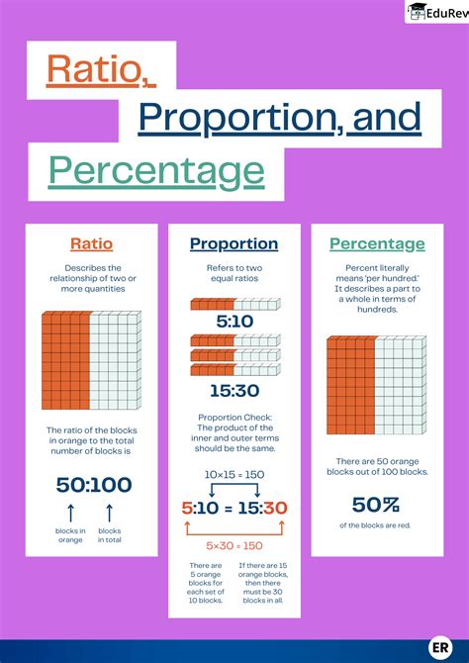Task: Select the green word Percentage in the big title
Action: [x=156, y=169]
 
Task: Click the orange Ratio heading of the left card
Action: [x=91, y=243]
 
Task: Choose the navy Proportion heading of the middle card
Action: [x=234, y=243]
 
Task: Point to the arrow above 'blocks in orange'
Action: [x=71, y=513]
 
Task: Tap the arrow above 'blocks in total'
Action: [x=110, y=513]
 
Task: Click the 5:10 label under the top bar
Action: [x=234, y=322]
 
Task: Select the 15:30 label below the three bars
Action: [x=234, y=391]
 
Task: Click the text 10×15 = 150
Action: [x=234, y=476]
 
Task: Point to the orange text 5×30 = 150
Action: [x=234, y=545]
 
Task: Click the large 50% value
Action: [x=376, y=505]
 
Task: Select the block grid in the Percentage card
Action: [x=376, y=386]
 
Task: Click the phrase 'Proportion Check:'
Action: [x=234, y=416]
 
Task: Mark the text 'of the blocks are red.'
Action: [x=376, y=524]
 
